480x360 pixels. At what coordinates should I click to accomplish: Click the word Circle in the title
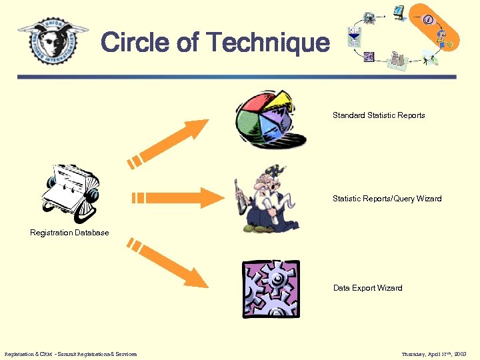[x=135, y=43]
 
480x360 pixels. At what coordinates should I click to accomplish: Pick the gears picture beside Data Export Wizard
[x=271, y=289]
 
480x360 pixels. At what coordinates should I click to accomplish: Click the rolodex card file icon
[x=71, y=189]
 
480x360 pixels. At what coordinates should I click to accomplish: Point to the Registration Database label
[x=69, y=233]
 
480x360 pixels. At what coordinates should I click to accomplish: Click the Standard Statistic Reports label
[x=379, y=115]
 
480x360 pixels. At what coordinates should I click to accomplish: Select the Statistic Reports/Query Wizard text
[x=387, y=199]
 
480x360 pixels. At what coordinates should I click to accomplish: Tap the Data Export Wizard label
[x=367, y=288]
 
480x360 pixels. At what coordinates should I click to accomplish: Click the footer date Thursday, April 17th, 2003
[x=435, y=354]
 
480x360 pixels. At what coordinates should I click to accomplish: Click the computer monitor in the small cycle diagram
[x=399, y=12]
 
